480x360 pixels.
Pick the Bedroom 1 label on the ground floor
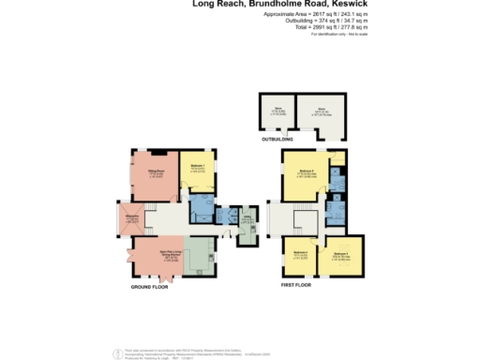click(197, 167)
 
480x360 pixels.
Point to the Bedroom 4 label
click(300, 254)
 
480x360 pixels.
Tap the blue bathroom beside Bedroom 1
click(201, 208)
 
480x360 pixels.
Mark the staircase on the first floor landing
click(302, 221)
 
